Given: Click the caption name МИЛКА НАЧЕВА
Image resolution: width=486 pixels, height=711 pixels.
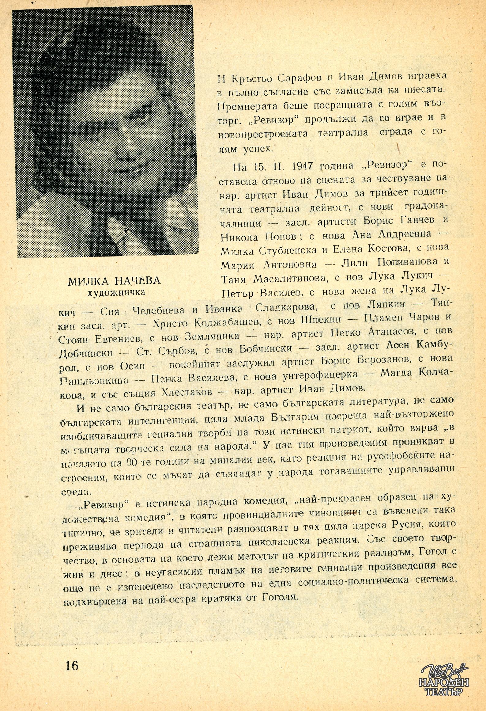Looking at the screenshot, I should [x=114, y=281].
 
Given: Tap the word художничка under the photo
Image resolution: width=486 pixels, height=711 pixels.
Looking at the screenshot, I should [x=116, y=292].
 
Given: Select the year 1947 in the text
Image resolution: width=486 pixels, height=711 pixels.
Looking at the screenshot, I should [x=301, y=166].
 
